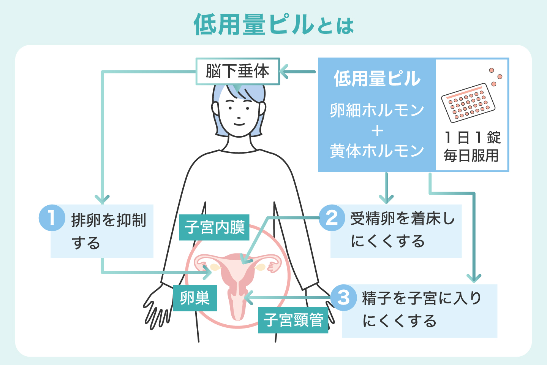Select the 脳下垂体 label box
(x=238, y=71)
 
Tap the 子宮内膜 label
(x=214, y=227)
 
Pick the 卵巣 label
(x=195, y=298)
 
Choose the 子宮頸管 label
(x=293, y=320)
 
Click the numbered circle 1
(x=52, y=218)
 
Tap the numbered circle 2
(x=332, y=218)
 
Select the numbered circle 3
(x=343, y=297)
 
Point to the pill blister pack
(x=468, y=103)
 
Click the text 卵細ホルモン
(x=377, y=110)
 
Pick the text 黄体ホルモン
(x=377, y=151)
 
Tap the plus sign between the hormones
(x=377, y=131)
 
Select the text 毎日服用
(x=471, y=156)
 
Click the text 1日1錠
(x=472, y=137)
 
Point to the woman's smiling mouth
(x=239, y=124)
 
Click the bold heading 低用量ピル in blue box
(x=377, y=79)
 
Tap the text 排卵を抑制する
(x=108, y=231)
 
